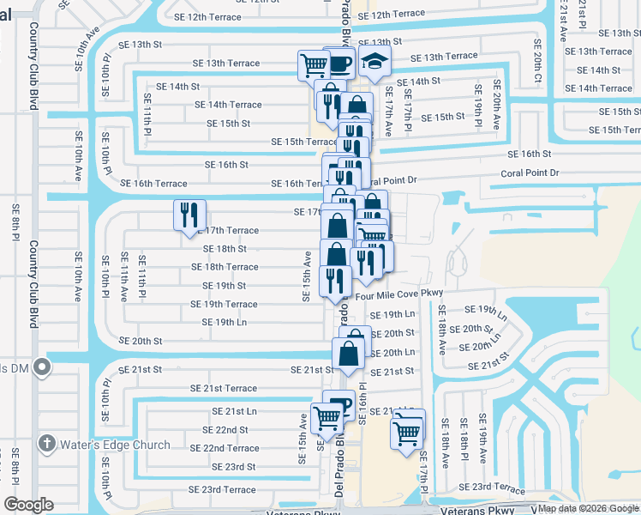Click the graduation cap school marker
pyautogui.click(x=374, y=62)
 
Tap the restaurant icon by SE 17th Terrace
pyautogui.click(x=189, y=215)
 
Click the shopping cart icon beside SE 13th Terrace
pyautogui.click(x=314, y=64)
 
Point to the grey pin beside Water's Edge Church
pyautogui.click(x=47, y=444)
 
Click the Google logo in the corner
pyautogui.click(x=29, y=505)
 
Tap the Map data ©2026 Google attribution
pyautogui.click(x=589, y=508)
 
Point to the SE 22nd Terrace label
pyautogui.click(x=225, y=448)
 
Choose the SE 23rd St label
pyautogui.click(x=233, y=467)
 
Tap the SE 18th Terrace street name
pyautogui.click(x=225, y=267)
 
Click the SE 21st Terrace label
pyautogui.click(x=223, y=389)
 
